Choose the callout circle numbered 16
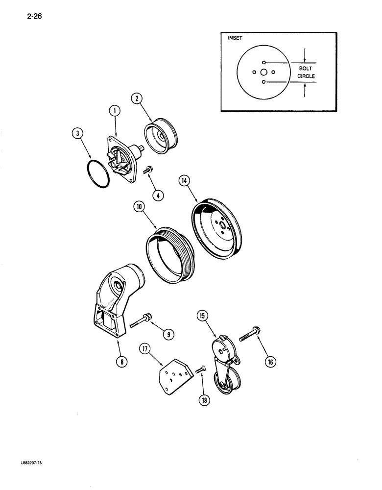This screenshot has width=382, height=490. tap(270, 362)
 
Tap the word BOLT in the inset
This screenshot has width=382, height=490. tap(306, 69)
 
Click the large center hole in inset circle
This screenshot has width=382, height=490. tap(263, 72)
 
